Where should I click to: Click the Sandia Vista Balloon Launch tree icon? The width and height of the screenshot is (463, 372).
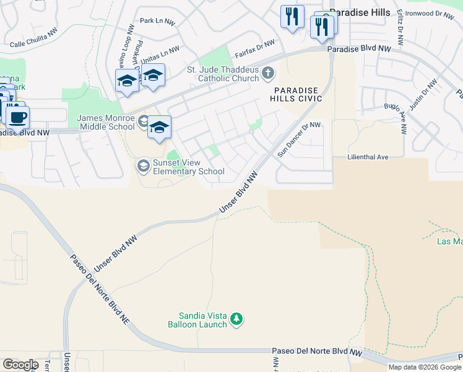coord(236,319)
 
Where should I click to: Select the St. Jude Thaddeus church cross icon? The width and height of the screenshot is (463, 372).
coord(267,74)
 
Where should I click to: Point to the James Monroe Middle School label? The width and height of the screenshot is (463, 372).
coord(105,122)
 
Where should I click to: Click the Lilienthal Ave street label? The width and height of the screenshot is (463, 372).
coord(368,157)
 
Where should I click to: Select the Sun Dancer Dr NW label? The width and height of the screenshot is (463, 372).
coord(299,139)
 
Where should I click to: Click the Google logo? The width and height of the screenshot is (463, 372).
coord(20,365)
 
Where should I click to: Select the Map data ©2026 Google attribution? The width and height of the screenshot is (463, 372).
coord(424,367)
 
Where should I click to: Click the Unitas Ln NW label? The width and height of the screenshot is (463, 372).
coord(160,55)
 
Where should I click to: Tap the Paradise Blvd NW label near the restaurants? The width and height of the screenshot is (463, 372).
coord(359,48)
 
